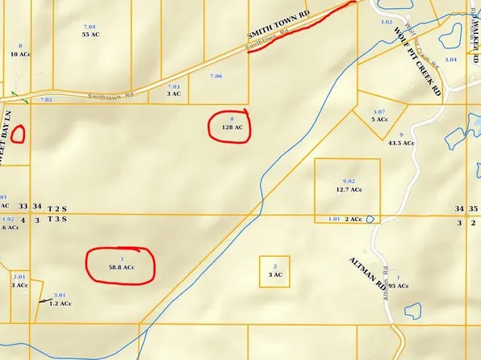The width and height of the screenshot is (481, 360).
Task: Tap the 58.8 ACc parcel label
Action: tap(121, 266)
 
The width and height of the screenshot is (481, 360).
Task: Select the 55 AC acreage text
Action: tap(90, 35)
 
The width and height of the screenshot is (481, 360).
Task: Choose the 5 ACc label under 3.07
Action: tap(379, 119)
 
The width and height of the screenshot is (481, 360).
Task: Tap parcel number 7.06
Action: tap(215, 76)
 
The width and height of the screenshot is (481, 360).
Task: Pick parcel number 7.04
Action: tap(90, 27)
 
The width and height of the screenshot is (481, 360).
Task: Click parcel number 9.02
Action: tap(349, 181)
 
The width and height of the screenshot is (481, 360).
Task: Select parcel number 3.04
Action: tap(450, 60)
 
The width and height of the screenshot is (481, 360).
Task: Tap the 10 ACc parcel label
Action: tap(20, 54)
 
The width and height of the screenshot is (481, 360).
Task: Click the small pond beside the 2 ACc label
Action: tap(370, 219)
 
